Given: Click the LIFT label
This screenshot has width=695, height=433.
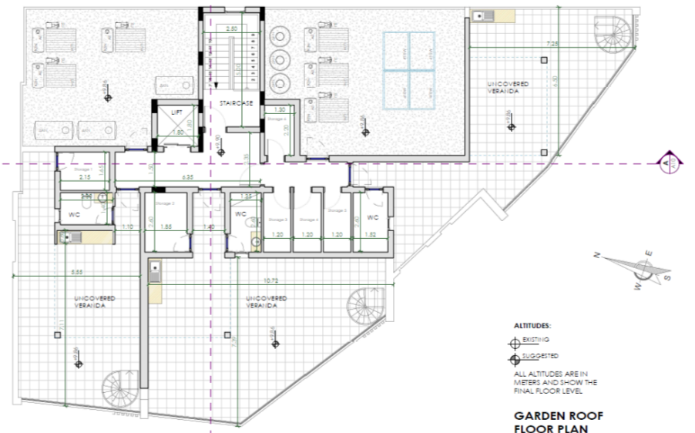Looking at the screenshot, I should point(176,112).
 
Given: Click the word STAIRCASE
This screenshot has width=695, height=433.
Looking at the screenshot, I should point(233,101).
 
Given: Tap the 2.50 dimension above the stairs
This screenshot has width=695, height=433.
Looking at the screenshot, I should point(230,29).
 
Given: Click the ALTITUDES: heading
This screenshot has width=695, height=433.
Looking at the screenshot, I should point(532,326).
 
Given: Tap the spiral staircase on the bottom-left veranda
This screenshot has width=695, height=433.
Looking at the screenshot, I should point(121,388).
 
